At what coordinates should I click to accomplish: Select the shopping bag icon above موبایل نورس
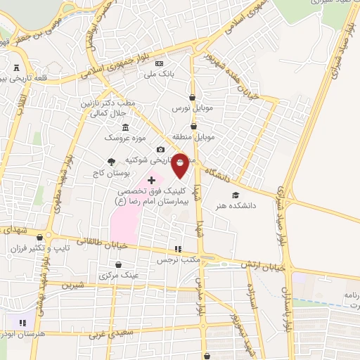[x=193, y=98]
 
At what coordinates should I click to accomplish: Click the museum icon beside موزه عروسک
[x=125, y=127]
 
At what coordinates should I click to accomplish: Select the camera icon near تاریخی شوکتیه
[x=160, y=150]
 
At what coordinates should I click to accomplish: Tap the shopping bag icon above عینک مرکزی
[x=117, y=264]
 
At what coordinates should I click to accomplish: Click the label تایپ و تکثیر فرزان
[x=32, y=249]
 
